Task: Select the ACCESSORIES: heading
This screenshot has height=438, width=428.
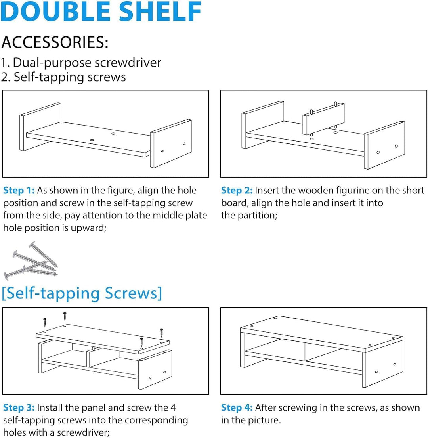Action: point(55,42)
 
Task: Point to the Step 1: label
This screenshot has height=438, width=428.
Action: point(19,190)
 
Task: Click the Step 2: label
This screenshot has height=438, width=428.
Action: point(237,190)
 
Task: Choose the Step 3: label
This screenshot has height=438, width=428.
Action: point(19,407)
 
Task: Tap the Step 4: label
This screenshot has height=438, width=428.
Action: point(237,407)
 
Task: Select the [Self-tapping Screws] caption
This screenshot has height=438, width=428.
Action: point(82,293)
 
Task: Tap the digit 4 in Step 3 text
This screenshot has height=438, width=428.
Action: point(173,407)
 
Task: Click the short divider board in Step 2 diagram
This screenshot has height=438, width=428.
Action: point(324,119)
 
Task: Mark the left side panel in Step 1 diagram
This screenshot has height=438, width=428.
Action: point(40,127)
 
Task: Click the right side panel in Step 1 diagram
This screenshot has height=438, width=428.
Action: point(171,143)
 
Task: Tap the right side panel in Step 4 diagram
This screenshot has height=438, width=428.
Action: point(383,362)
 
